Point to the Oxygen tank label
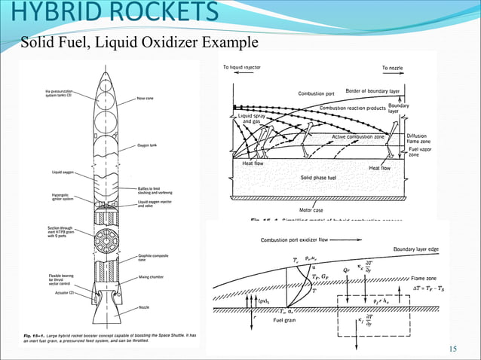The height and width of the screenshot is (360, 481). [x=146, y=144]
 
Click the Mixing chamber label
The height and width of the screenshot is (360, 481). [x=152, y=277]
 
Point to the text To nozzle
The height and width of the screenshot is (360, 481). [x=392, y=67]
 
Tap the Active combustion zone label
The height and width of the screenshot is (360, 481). [x=358, y=137]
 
